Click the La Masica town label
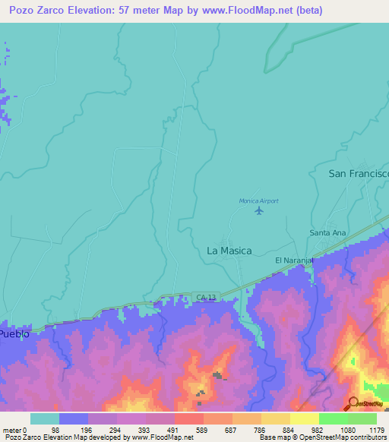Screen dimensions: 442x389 229,250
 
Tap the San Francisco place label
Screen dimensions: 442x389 358,174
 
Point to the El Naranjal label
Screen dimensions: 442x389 294,260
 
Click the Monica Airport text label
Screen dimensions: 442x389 259,200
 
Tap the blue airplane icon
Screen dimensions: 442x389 260,210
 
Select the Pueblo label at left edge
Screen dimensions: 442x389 14,333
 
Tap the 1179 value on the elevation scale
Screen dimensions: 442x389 376,429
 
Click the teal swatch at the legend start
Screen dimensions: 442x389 45,418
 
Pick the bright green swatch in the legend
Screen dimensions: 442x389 333,418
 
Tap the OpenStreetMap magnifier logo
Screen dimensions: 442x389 353,403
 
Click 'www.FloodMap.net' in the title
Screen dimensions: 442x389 257,11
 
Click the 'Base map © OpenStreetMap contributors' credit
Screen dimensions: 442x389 323,437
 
